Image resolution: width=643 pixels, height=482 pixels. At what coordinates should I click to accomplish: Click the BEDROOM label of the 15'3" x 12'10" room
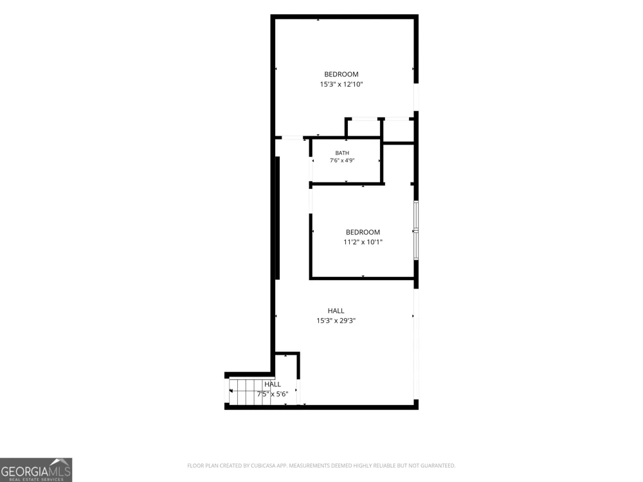341,74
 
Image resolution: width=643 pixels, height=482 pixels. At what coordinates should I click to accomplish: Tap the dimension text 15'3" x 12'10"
341,84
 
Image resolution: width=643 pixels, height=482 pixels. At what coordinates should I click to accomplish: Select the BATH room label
342,153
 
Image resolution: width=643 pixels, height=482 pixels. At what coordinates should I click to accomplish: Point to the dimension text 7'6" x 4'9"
342,160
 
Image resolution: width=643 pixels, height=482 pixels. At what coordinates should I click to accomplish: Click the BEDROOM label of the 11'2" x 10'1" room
363,232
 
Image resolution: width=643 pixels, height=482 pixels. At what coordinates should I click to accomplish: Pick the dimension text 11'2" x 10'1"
363,242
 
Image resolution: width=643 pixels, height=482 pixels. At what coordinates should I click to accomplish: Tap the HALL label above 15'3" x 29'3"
336,310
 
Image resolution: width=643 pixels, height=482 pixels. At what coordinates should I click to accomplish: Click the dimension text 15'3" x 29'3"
336,321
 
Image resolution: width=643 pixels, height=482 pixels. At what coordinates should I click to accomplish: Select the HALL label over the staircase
273,384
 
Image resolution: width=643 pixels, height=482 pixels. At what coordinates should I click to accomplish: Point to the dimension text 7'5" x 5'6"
273,394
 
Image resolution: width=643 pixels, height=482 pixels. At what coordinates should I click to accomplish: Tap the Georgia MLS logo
36,470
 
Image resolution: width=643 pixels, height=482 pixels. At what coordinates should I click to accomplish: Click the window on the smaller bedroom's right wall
416,230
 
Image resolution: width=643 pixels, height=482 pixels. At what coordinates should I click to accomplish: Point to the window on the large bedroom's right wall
416,97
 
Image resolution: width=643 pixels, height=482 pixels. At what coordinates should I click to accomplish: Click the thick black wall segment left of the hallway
277,218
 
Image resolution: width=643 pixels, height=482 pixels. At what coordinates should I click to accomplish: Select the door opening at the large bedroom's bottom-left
289,138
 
